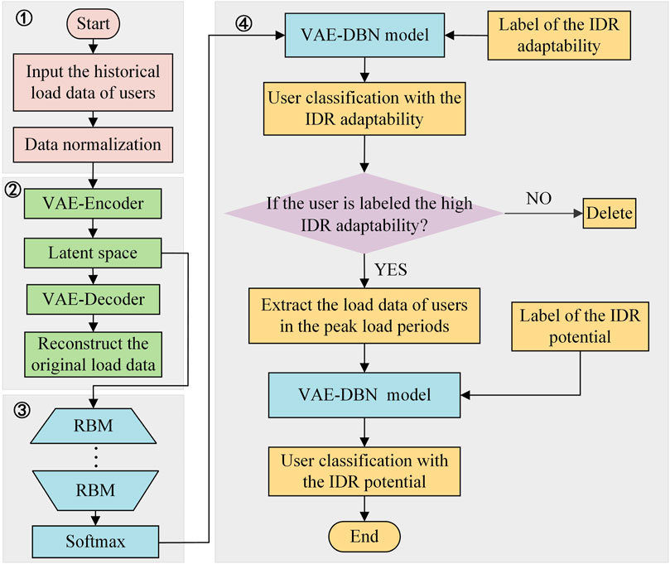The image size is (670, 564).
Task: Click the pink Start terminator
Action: [x=93, y=23]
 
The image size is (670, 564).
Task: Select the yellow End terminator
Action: [x=364, y=536]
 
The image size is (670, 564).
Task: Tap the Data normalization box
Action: [x=93, y=144]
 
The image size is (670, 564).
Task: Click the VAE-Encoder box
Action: [x=93, y=204]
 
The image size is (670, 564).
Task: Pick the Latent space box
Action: [x=93, y=253]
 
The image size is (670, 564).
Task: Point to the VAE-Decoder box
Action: [x=93, y=300]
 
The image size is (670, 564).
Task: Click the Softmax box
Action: [x=95, y=542]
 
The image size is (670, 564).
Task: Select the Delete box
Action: [x=610, y=213]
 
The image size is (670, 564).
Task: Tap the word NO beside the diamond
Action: [x=539, y=199]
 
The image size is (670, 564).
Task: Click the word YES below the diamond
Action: [x=391, y=270]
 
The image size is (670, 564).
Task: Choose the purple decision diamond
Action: [x=364, y=213]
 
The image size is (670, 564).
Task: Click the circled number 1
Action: [x=24, y=18]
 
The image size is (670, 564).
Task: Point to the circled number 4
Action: [x=244, y=23]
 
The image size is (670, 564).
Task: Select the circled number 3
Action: [x=22, y=410]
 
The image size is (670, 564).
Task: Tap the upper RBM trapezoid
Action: [x=93, y=426]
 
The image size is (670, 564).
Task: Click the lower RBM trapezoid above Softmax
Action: [x=95, y=490]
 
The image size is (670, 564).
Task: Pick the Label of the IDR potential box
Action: [x=580, y=326]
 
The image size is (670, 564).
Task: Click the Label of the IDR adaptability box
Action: [x=559, y=36]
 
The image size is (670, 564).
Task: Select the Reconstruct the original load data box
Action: [x=93, y=354]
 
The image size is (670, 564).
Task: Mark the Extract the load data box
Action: [x=364, y=316]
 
